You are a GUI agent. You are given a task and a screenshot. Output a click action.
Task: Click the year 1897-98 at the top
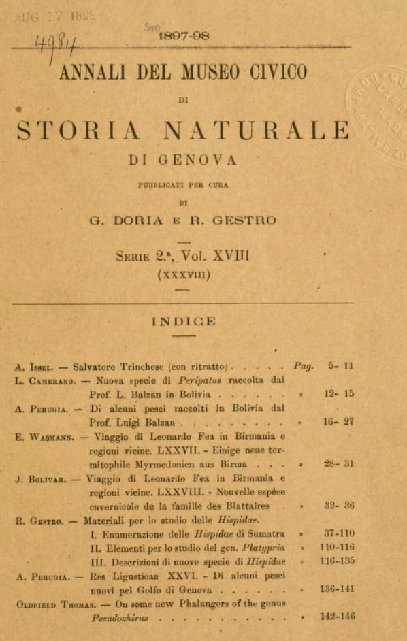click(x=183, y=38)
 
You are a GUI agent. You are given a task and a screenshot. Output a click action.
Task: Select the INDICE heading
click(x=183, y=321)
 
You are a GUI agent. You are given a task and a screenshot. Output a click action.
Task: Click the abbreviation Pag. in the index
click(x=304, y=366)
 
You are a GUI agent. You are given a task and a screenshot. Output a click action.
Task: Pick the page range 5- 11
click(x=340, y=366)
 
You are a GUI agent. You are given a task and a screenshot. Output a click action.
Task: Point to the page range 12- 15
click(x=340, y=393)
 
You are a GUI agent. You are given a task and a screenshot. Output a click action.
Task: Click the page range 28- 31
click(x=340, y=464)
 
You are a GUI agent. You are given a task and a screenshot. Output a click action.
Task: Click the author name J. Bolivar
click(x=42, y=478)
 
